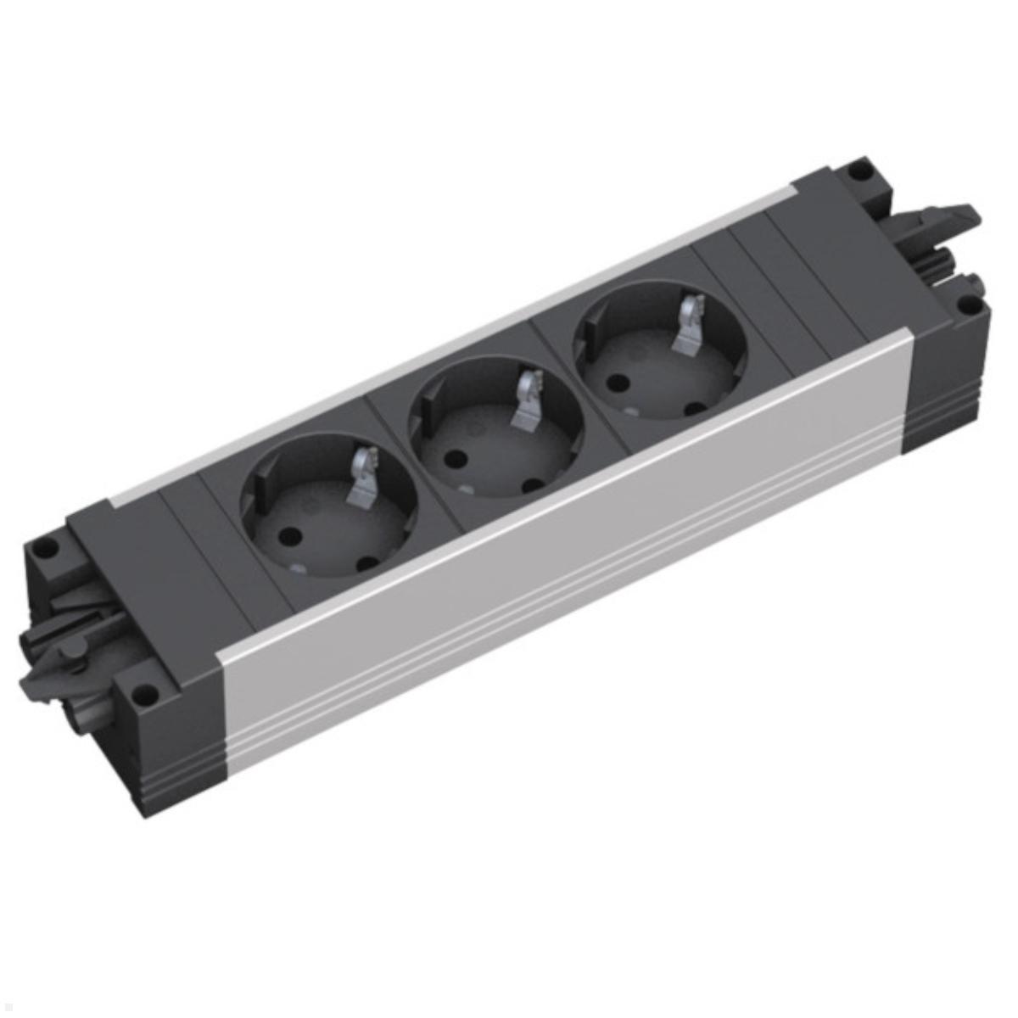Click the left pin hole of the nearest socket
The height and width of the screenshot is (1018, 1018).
pos(288,536)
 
